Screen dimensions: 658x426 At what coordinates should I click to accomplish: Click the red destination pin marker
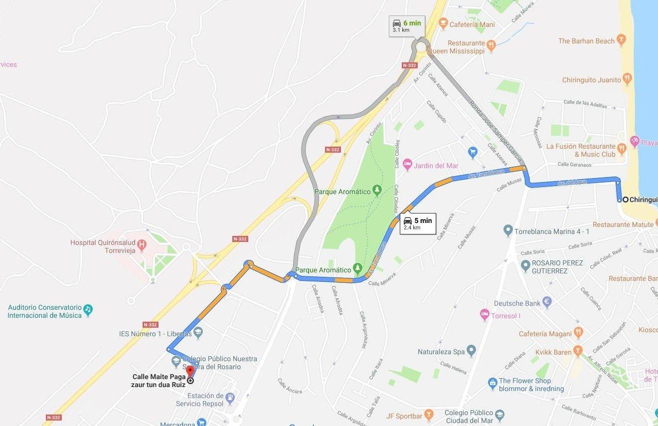189,372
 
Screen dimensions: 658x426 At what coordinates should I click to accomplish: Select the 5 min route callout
418,223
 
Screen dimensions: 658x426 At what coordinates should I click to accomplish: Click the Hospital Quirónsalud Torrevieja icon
142,244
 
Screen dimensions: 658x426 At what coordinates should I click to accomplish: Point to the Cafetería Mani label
472,24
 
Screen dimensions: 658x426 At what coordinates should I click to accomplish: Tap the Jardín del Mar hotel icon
407,164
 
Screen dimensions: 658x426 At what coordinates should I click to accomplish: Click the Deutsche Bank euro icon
547,302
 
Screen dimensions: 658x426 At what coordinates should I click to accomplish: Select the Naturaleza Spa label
441,352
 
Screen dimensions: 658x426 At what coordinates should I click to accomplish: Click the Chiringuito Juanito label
591,80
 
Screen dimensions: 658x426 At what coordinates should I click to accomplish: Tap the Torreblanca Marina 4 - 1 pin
508,230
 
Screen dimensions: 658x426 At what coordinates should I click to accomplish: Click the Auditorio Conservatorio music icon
88,309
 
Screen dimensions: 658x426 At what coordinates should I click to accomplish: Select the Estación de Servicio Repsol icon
230,398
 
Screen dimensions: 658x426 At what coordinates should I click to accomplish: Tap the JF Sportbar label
404,416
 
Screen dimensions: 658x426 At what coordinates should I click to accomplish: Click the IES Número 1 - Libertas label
155,333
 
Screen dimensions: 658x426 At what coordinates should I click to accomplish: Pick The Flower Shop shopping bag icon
493,383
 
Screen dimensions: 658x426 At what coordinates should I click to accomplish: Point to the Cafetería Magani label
545,334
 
